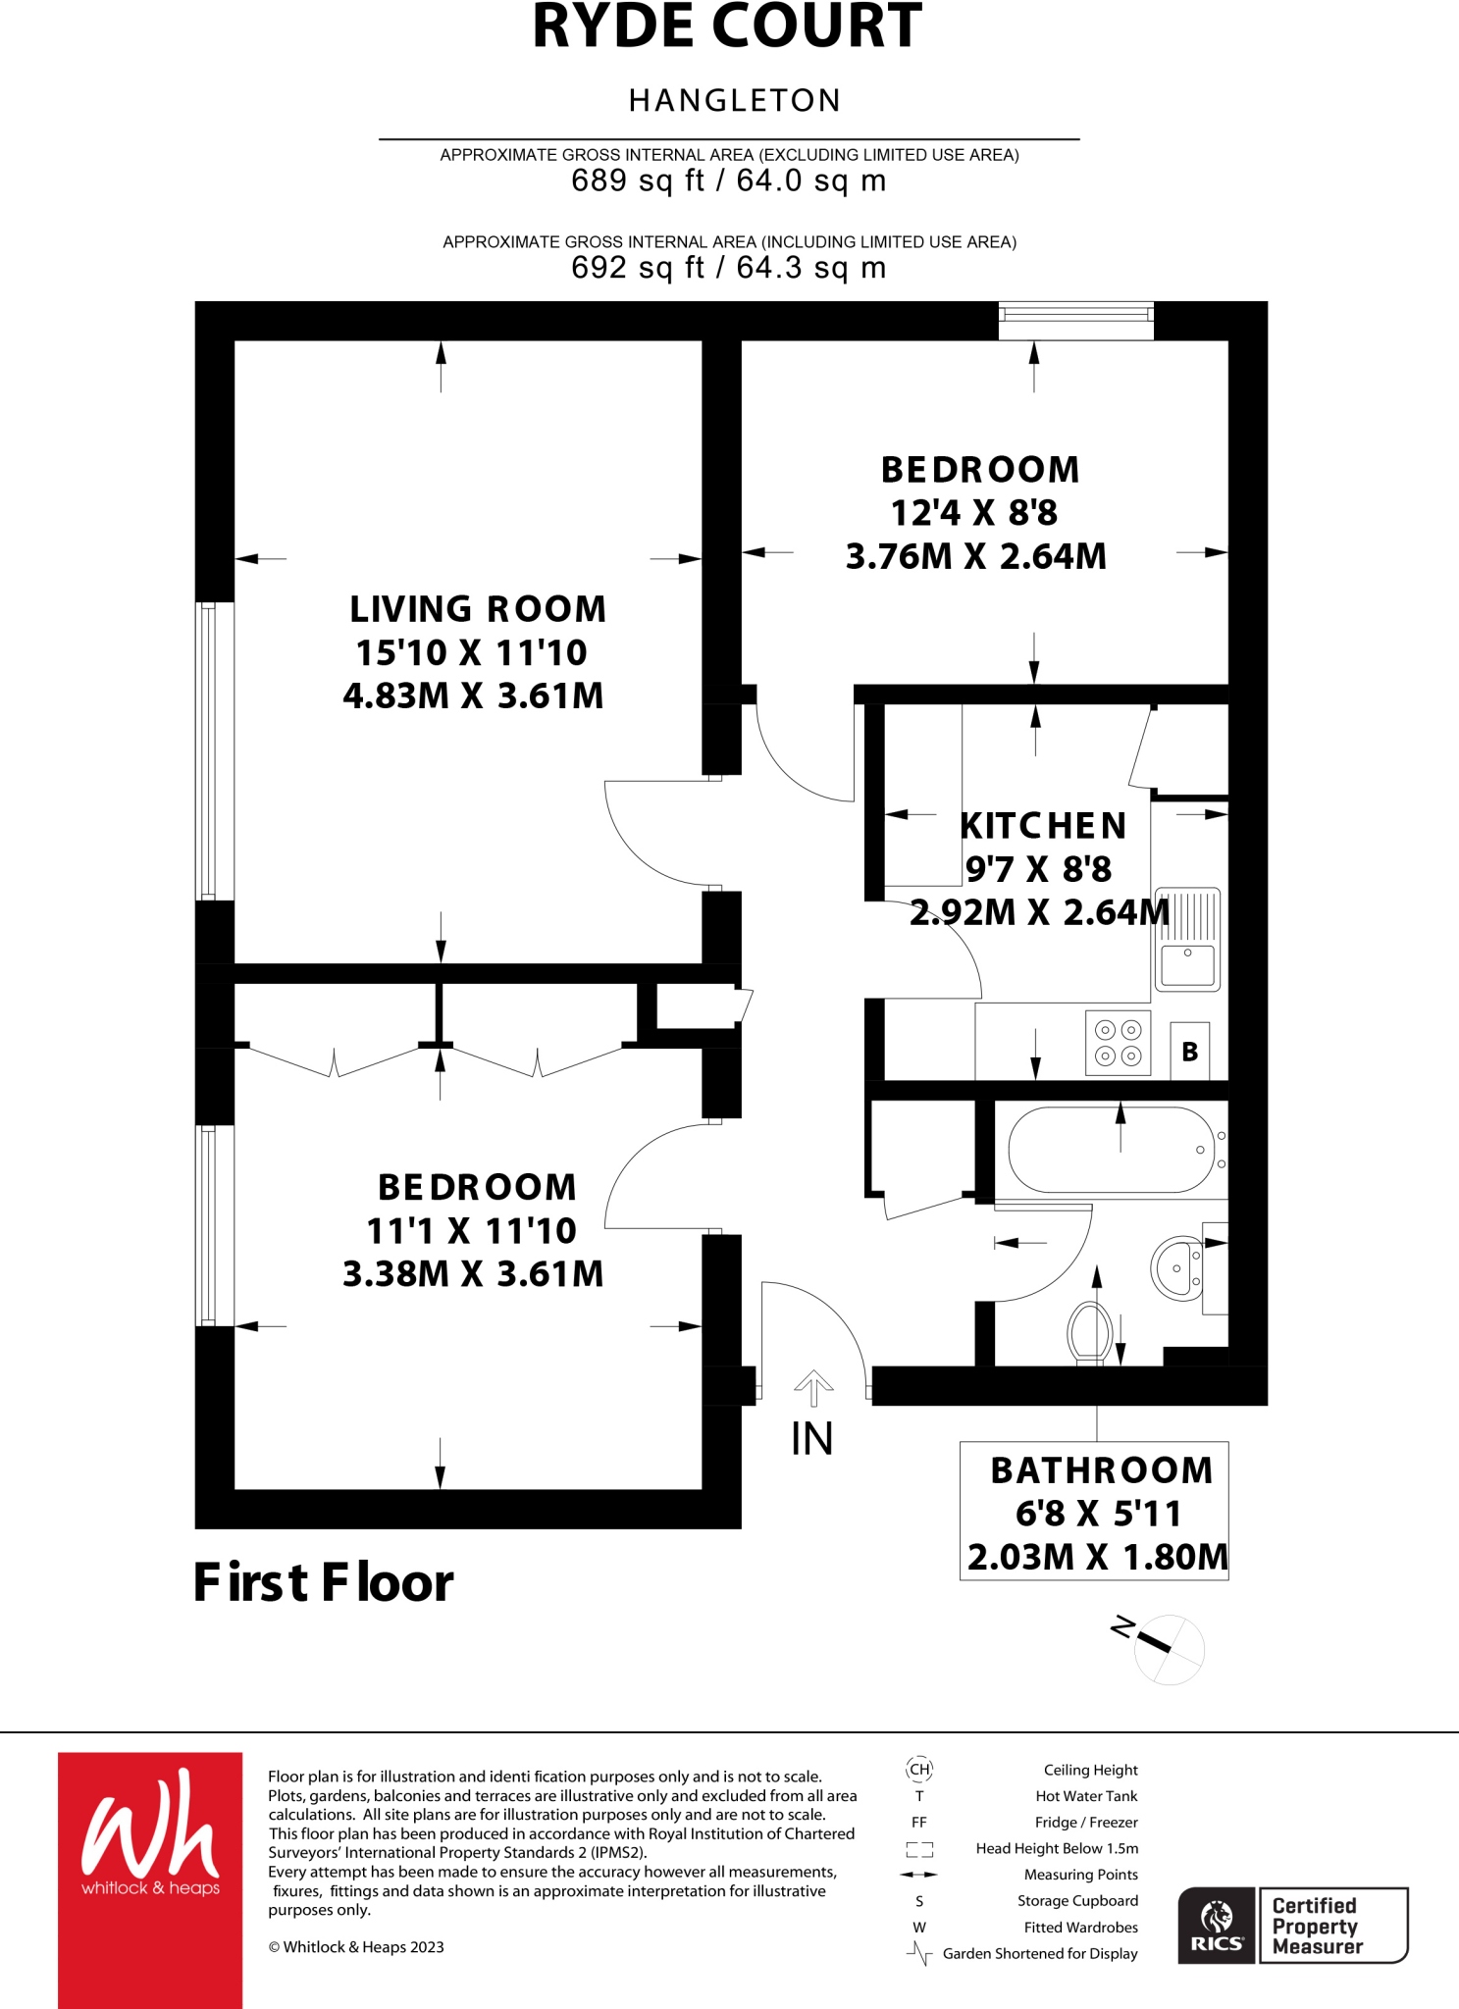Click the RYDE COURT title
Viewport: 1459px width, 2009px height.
point(727,27)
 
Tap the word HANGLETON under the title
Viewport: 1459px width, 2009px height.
point(735,100)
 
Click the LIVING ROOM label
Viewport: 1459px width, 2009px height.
point(478,609)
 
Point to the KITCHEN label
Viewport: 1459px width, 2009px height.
point(1043,826)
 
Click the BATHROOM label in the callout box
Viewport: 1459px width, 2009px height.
point(1102,1470)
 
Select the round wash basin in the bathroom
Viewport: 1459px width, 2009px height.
point(1177,1268)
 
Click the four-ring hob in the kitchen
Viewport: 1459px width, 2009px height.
point(1119,1043)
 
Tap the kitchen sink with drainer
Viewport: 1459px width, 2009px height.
point(1187,940)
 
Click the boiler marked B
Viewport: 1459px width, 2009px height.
point(1190,1052)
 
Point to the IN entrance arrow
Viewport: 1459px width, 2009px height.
point(813,1389)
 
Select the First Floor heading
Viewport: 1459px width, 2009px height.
point(323,1582)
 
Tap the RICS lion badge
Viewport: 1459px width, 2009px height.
point(1217,1925)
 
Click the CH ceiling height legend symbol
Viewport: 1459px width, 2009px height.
point(919,1770)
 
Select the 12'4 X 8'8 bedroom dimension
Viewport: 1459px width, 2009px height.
point(973,513)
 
